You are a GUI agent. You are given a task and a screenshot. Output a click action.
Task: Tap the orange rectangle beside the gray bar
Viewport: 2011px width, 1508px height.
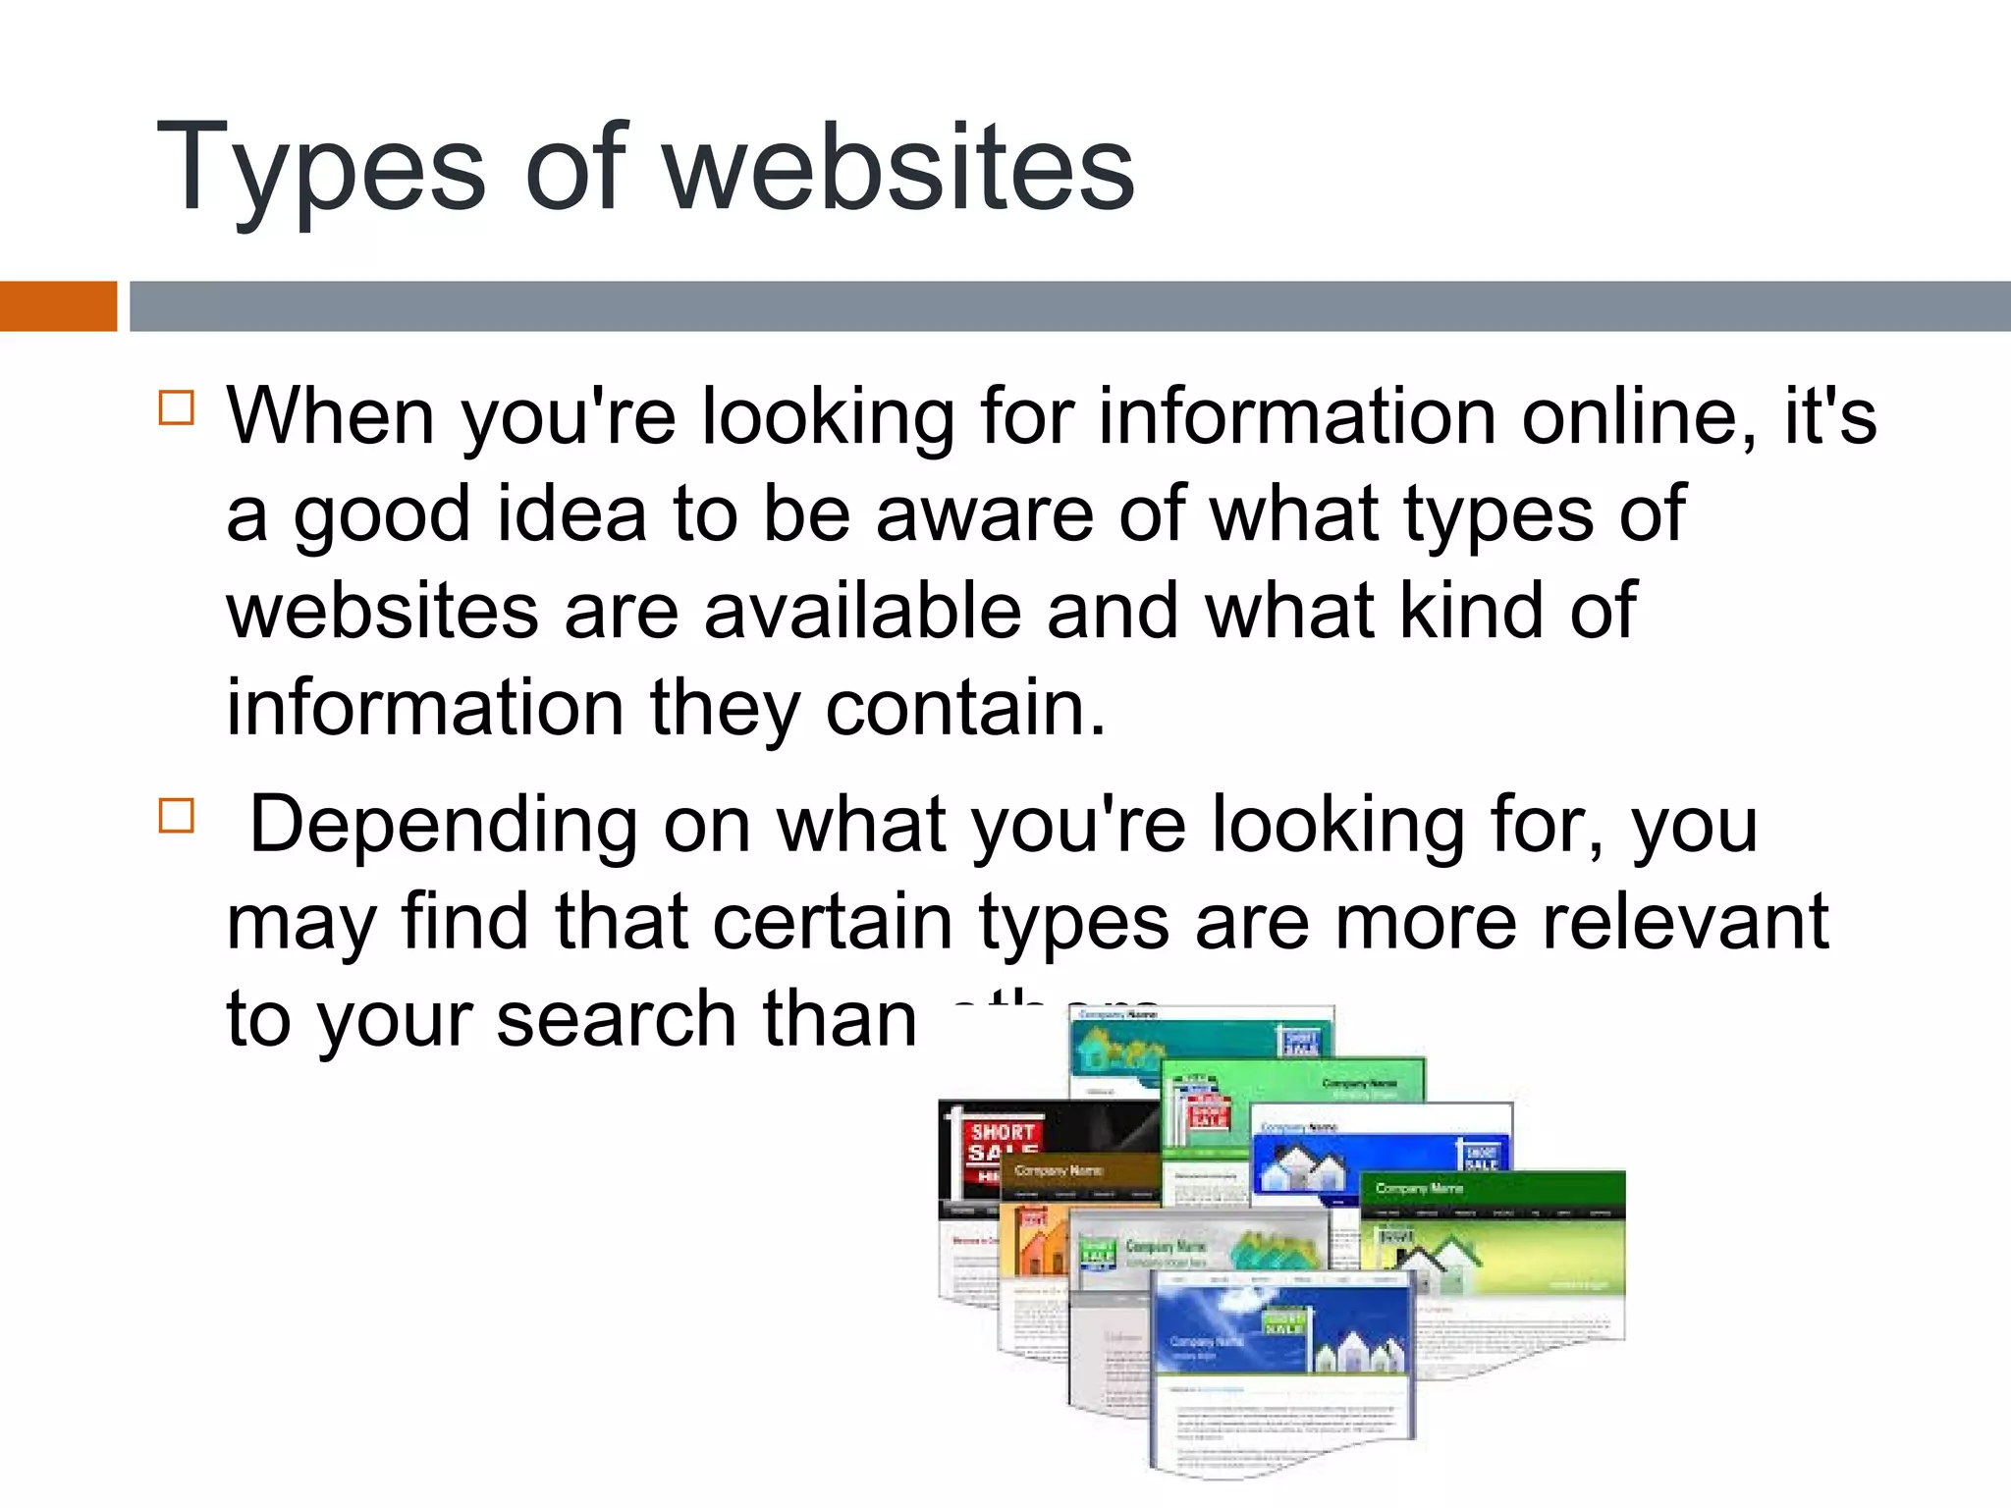[x=58, y=305]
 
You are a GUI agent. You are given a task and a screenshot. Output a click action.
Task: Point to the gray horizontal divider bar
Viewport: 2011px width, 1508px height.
[x=1070, y=305]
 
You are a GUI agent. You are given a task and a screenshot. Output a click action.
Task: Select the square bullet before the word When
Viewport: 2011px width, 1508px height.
[x=177, y=406]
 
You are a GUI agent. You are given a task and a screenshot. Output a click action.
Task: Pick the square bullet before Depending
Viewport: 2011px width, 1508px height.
[x=177, y=815]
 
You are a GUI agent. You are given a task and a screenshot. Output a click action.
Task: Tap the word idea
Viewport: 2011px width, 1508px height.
[x=571, y=513]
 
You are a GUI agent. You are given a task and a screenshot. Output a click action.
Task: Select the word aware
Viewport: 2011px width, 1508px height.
[x=985, y=513]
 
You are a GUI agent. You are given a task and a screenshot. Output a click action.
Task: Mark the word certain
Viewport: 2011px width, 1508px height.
[x=833, y=922]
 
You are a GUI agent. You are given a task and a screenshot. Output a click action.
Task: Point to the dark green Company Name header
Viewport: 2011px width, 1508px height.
[x=1493, y=1189]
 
